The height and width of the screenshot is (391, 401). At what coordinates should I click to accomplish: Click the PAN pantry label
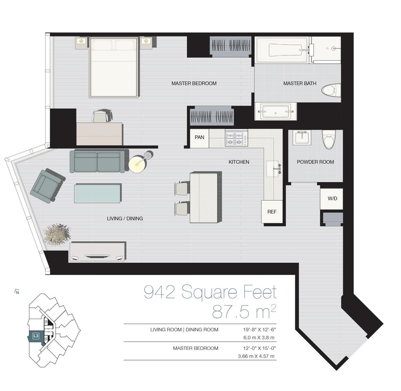pos(199,137)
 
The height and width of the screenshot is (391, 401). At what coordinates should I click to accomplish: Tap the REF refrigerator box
pos(272,212)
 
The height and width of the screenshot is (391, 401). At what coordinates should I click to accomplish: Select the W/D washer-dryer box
pos(332,199)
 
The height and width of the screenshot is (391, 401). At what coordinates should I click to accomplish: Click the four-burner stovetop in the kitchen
pos(236,139)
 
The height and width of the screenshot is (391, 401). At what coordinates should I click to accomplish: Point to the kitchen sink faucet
pos(278,169)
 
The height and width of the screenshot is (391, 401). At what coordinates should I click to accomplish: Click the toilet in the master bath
pos(331,90)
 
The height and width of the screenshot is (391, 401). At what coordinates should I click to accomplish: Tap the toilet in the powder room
pos(329,139)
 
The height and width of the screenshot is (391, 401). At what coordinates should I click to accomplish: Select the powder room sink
pos(302,138)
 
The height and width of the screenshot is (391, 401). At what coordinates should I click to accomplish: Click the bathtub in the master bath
pos(282,50)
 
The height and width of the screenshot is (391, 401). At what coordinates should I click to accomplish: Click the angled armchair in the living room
pos(47,186)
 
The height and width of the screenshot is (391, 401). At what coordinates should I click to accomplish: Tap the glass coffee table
pos(98,193)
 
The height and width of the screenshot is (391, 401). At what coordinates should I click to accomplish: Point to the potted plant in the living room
pos(57,235)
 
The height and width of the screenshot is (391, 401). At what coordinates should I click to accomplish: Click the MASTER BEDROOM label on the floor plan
pos(194,83)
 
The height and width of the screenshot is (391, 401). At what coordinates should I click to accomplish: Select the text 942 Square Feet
pos(210,292)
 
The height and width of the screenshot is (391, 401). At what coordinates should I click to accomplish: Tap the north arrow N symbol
pos(17,292)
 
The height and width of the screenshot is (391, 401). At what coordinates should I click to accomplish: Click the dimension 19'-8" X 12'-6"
pos(259,330)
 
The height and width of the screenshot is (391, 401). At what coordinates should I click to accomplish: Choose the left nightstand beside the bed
pos(81,43)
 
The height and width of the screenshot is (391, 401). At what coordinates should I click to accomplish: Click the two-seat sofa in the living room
pos(98,161)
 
